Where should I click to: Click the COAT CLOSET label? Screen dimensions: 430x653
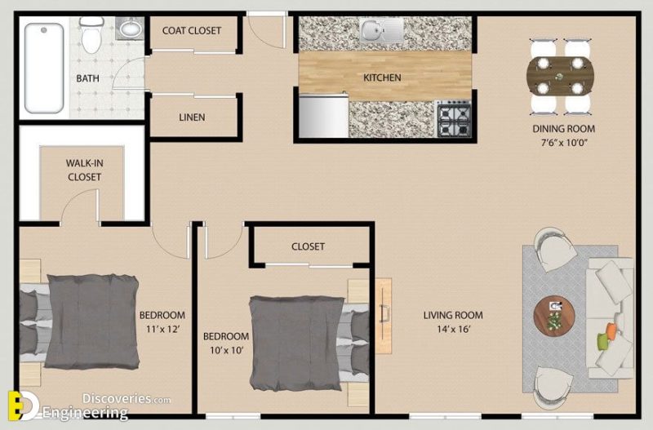pyautogui.click(x=192, y=31)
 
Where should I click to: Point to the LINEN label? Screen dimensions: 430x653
pyautogui.click(x=192, y=117)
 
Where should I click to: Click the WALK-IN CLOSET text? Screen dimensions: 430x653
pyautogui.click(x=84, y=170)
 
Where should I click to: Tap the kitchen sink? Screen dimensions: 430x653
pyautogui.click(x=381, y=33)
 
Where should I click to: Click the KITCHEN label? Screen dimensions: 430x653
pyautogui.click(x=382, y=78)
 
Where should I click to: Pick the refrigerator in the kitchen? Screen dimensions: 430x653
pyautogui.click(x=323, y=116)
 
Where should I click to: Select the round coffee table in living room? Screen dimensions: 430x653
pyautogui.click(x=554, y=313)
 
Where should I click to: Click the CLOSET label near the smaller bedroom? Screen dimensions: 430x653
pyautogui.click(x=308, y=246)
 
